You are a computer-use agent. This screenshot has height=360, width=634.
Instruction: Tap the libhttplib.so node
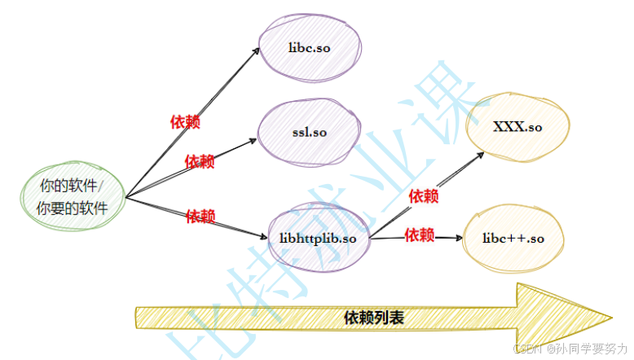click(318, 238)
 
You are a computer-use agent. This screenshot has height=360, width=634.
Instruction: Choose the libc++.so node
click(513, 239)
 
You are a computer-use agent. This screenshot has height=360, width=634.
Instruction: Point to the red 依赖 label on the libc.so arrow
click(185, 122)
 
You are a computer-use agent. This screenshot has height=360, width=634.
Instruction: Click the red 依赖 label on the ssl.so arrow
click(200, 161)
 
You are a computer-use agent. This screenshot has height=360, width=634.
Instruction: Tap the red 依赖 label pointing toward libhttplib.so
click(200, 217)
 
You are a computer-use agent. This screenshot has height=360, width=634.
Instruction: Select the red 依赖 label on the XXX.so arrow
click(423, 196)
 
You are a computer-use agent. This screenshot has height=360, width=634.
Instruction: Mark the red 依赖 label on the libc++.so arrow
click(420, 235)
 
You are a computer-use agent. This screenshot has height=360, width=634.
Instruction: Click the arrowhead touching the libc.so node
click(258, 50)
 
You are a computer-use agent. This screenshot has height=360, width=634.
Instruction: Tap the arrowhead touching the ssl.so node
click(253, 141)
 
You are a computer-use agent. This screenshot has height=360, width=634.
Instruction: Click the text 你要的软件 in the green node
click(73, 209)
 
